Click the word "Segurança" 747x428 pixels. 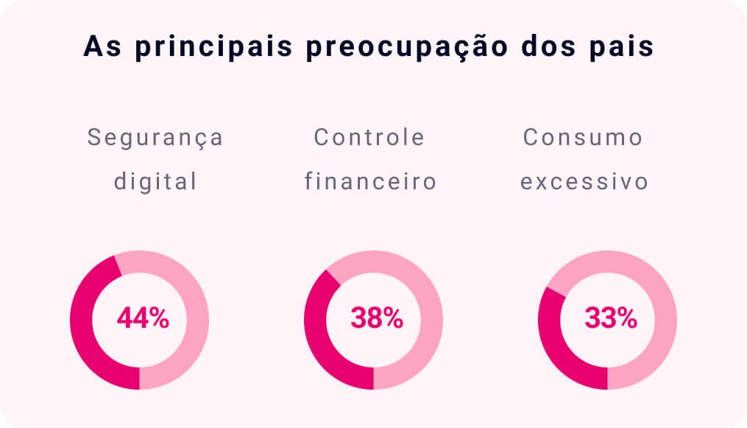click(155, 138)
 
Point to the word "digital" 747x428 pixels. click(155, 181)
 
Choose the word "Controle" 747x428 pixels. click(369, 138)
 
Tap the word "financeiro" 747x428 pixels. click(371, 181)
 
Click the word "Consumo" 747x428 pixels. click(583, 138)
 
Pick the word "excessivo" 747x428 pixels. click(584, 181)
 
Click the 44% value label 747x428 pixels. click(143, 318)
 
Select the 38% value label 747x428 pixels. click(376, 318)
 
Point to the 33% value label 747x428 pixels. click(610, 318)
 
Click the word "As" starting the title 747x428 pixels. click(99, 46)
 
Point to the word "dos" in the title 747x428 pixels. click(540, 46)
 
